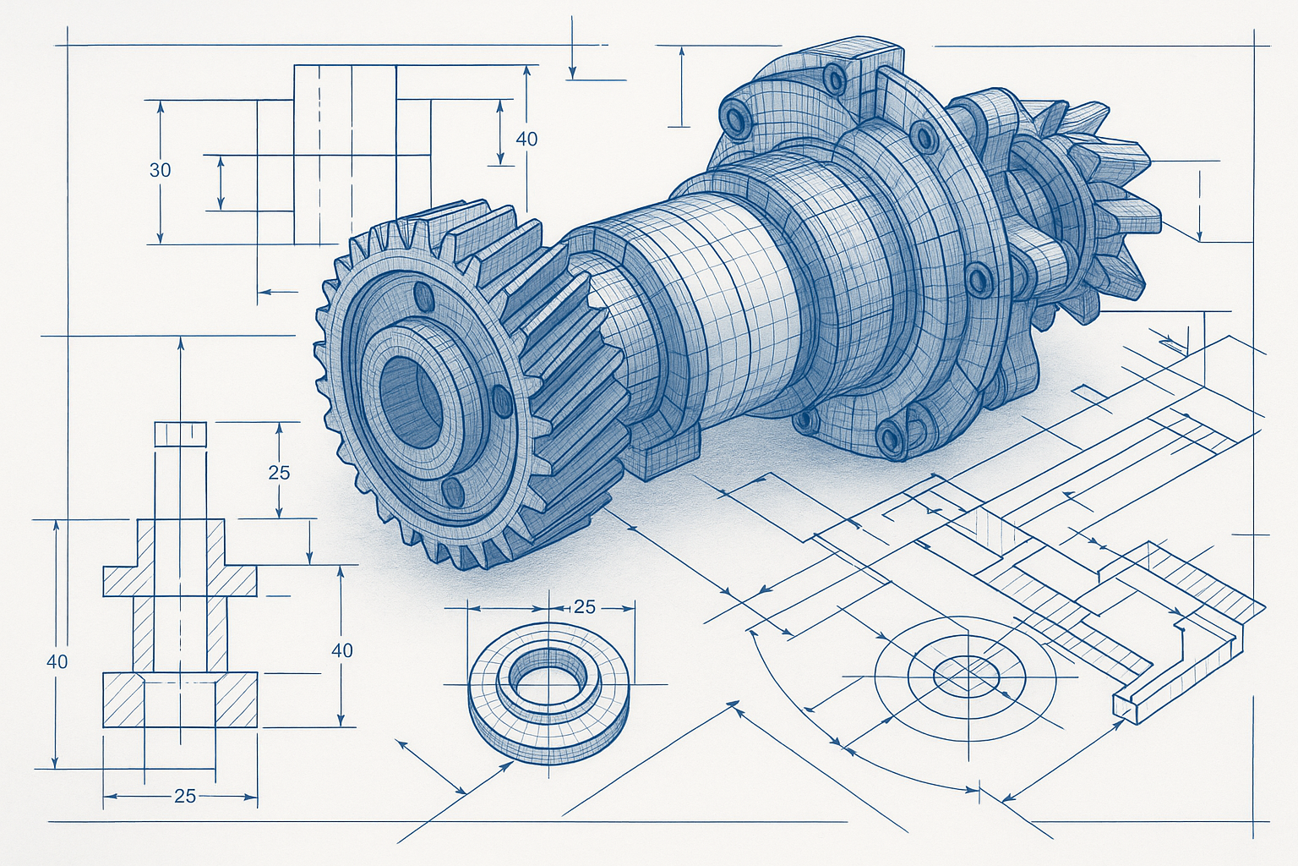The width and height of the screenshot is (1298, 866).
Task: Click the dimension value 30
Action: click(x=160, y=170)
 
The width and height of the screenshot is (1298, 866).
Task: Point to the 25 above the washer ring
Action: click(x=584, y=607)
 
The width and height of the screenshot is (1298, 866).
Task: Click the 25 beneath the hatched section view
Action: click(x=184, y=796)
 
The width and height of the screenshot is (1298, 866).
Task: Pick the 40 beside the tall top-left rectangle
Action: click(x=526, y=139)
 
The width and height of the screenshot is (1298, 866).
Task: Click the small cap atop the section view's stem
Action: click(x=180, y=433)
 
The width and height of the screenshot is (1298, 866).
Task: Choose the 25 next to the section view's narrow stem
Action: click(x=279, y=473)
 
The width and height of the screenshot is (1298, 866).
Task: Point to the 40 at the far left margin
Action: click(x=57, y=661)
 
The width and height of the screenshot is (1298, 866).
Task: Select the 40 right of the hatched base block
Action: click(x=342, y=650)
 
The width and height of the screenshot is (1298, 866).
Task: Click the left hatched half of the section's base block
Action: click(x=123, y=699)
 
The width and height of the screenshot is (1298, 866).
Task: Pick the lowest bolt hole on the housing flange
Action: click(x=889, y=436)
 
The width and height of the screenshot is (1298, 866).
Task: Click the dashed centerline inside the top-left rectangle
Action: click(x=319, y=152)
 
